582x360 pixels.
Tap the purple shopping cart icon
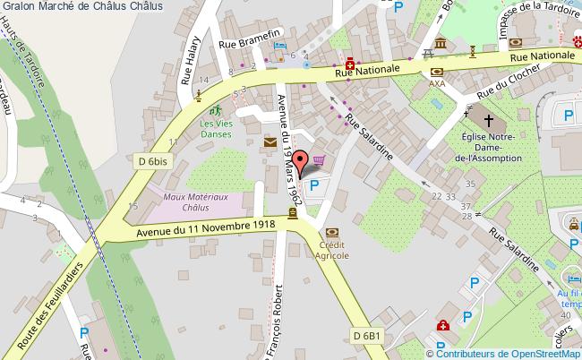point(319,161)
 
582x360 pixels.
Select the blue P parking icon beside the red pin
point(313,186)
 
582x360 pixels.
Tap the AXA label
point(436,84)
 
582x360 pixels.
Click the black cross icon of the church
point(489,119)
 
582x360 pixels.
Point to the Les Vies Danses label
point(215,129)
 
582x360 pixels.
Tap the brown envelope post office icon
point(270,142)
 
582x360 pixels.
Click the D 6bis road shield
point(153,160)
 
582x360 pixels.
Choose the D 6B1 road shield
point(367,335)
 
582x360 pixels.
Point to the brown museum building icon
point(441,44)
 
